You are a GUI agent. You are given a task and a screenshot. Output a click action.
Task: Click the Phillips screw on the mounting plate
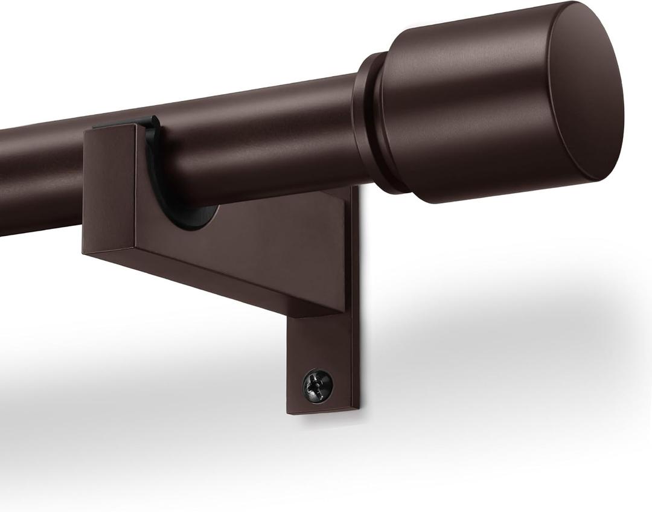318,383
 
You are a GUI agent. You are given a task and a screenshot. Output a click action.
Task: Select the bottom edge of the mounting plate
323,412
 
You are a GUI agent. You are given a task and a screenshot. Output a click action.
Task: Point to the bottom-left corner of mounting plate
289,412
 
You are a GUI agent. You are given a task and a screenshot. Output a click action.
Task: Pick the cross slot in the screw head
318,383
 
